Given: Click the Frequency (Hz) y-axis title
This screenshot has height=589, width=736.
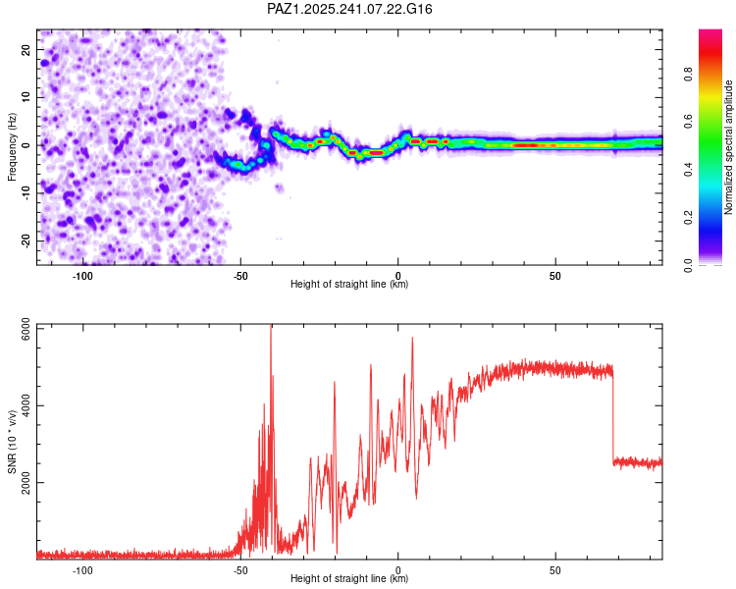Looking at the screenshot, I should click(13, 146).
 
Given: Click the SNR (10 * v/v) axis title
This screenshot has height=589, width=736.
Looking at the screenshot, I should click(13, 442).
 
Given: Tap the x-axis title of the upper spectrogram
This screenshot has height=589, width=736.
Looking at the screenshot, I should click(349, 284).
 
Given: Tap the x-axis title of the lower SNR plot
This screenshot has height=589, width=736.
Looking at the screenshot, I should click(349, 579).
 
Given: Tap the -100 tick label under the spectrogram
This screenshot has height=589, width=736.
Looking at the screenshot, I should click(82, 275).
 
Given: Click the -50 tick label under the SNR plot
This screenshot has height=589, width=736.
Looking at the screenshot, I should click(240, 569).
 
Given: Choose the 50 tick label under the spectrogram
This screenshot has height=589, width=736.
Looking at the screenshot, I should click(555, 275).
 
